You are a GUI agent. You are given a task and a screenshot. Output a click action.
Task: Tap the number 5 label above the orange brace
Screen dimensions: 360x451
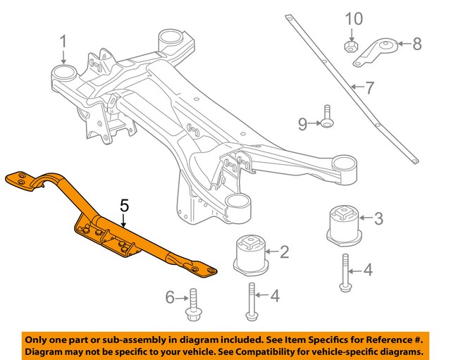click(124, 206)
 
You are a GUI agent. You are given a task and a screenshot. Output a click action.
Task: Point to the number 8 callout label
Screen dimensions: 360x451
click(417, 45)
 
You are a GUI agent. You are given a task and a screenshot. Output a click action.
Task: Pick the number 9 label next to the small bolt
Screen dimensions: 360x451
click(302, 125)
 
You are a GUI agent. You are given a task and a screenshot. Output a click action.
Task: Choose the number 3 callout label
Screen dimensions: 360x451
click(378, 218)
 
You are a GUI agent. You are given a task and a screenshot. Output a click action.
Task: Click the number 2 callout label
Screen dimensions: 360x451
click(285, 252)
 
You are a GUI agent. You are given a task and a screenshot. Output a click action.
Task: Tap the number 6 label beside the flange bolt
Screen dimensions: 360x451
click(170, 298)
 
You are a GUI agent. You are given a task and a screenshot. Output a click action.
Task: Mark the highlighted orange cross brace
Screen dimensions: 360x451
click(113, 229)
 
